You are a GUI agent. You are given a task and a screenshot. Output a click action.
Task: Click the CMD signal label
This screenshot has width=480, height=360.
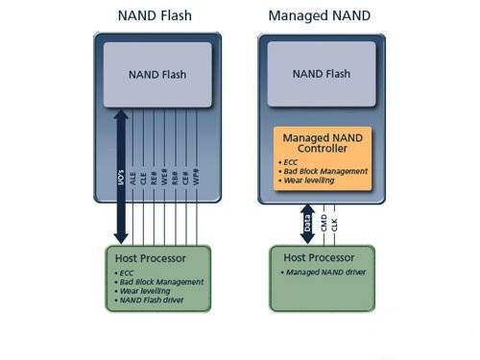[x=325, y=224]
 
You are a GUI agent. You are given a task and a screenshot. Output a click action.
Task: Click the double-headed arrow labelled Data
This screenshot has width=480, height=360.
[x=308, y=224]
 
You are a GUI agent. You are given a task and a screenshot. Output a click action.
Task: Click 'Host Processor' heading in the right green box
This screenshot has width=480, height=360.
[x=317, y=257]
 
